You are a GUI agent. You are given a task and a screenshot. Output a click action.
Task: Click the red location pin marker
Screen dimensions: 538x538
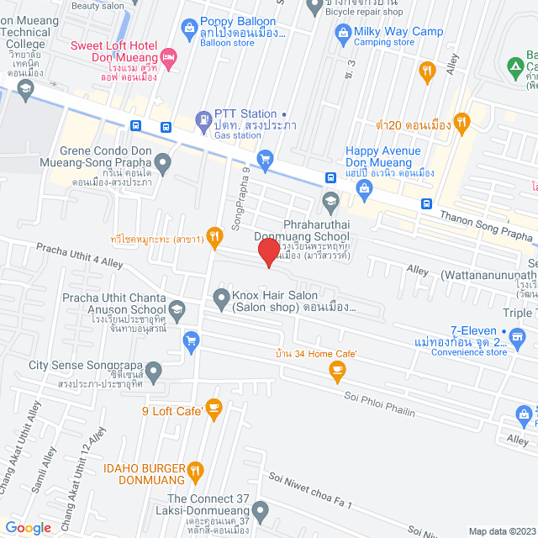tap(268, 252)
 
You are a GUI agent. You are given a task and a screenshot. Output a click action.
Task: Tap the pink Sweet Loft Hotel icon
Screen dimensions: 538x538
tap(168, 58)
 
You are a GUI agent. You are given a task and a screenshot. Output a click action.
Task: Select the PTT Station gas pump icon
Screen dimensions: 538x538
tap(203, 121)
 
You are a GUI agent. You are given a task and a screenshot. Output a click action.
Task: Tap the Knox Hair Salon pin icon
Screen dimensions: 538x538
tap(220, 297)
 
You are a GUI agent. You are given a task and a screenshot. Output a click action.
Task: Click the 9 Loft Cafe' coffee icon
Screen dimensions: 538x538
tap(214, 409)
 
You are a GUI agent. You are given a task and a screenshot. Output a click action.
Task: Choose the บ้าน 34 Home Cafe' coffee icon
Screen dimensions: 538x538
tap(338, 369)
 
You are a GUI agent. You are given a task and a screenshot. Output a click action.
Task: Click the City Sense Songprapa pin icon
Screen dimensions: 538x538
tap(154, 370)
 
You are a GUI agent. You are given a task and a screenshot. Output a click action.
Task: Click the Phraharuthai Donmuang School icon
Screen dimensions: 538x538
tap(330, 200)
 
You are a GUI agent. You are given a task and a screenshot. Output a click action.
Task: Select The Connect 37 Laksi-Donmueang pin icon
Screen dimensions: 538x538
tap(261, 509)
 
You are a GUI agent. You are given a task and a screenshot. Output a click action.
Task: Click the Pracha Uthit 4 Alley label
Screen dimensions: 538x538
tap(79, 254)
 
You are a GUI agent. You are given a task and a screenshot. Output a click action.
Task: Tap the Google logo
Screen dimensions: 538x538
tap(29, 528)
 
